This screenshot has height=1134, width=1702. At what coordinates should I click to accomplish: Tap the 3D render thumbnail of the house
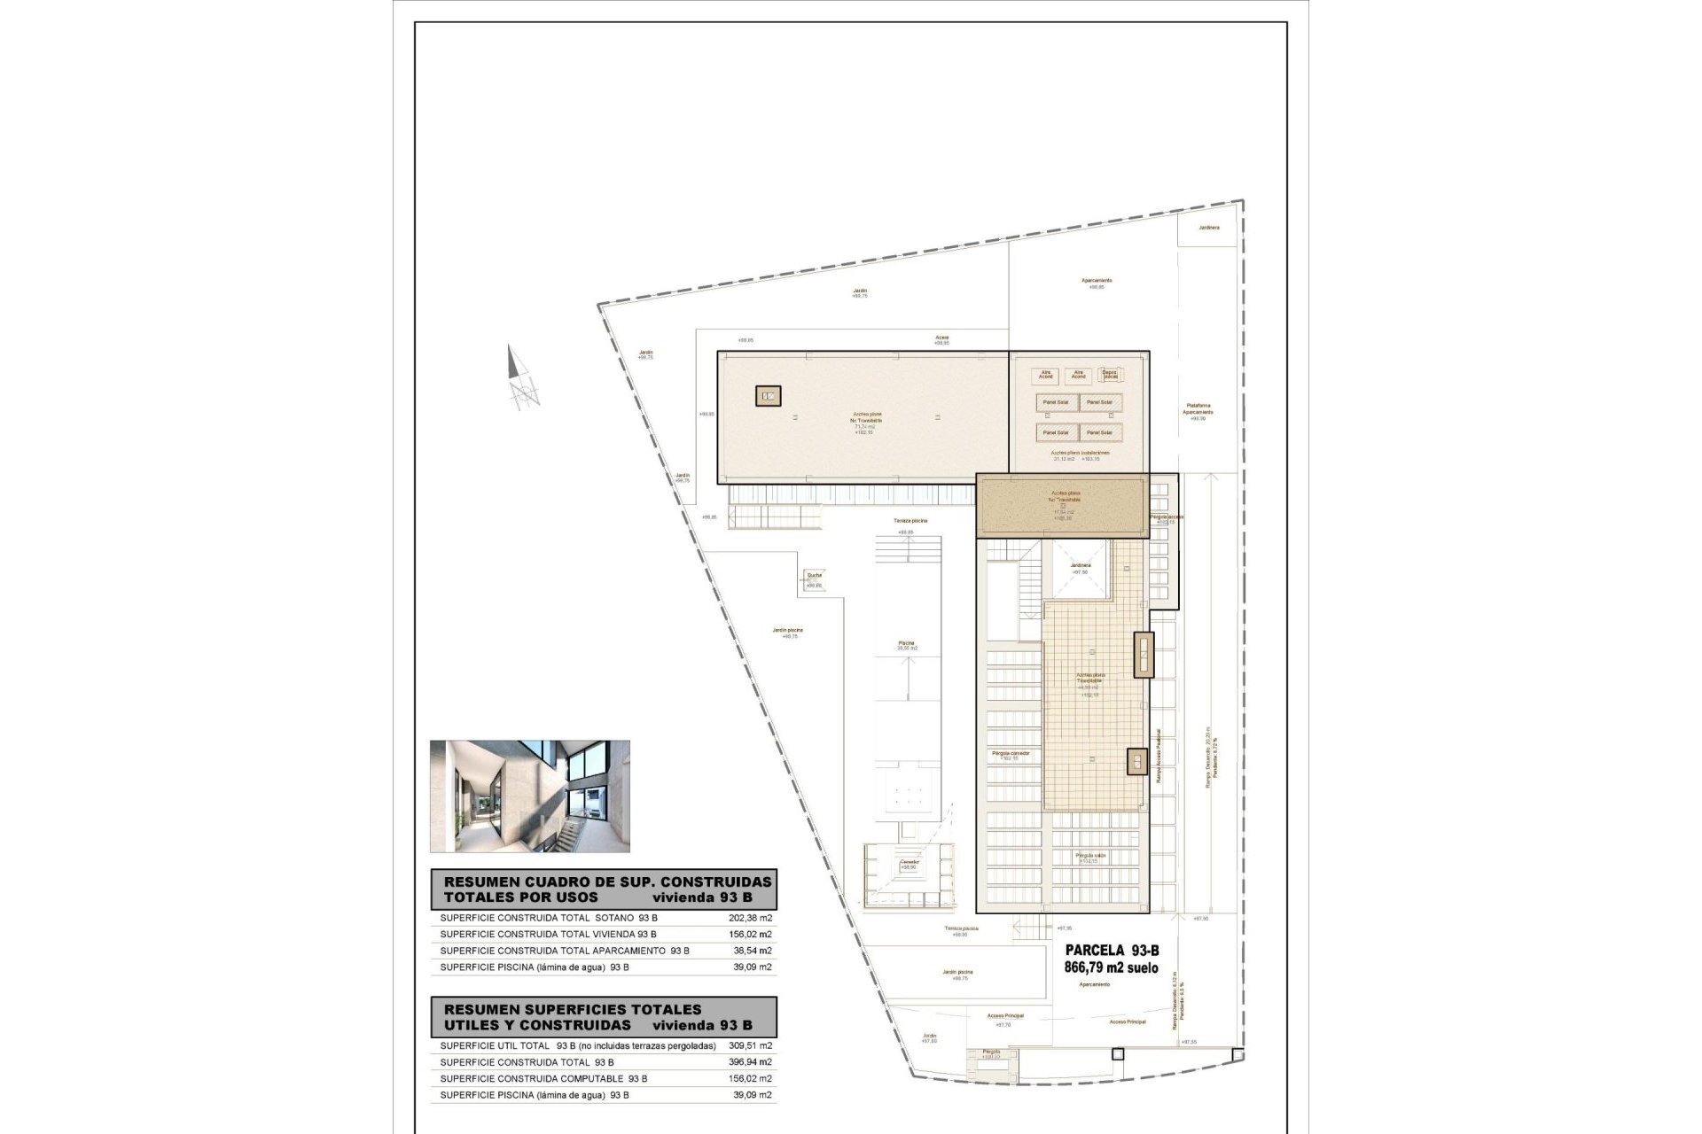click(x=530, y=796)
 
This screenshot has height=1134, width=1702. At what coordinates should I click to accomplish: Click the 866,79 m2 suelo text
click(x=1111, y=968)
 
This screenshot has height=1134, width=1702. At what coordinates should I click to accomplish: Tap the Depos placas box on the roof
click(x=1109, y=376)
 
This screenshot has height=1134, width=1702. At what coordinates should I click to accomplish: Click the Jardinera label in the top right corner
click(x=1208, y=228)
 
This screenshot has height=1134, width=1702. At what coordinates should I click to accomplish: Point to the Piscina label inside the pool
click(x=906, y=644)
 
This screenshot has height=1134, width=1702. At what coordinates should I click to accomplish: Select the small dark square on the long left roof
click(x=768, y=396)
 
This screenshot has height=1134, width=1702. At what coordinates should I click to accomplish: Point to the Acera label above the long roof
click(x=941, y=338)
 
